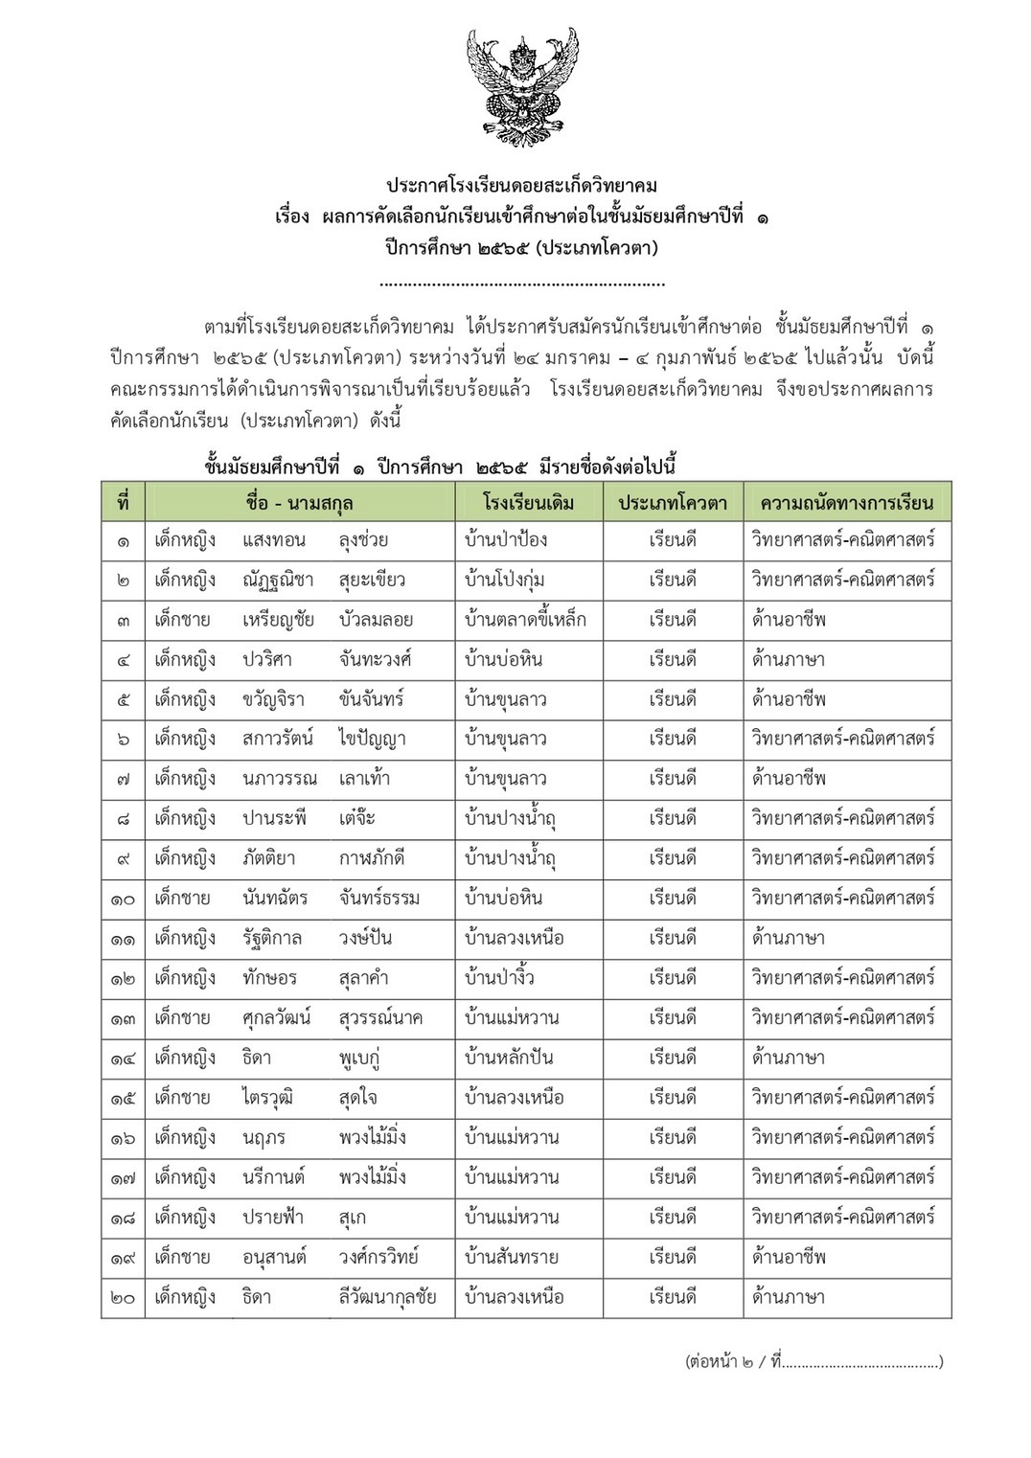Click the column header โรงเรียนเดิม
coord(529,502)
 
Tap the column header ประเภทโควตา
coord(673,502)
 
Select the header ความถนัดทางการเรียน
coord(847,502)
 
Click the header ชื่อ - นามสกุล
coord(299,502)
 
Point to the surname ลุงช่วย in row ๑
coord(363,540)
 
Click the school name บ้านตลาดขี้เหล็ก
coord(525,620)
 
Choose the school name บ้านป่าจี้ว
coord(499,978)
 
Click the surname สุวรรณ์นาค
coord(380,1018)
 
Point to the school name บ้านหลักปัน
coord(509,1059)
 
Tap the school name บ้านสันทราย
coord(511,1258)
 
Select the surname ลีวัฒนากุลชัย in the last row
coord(387,1298)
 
